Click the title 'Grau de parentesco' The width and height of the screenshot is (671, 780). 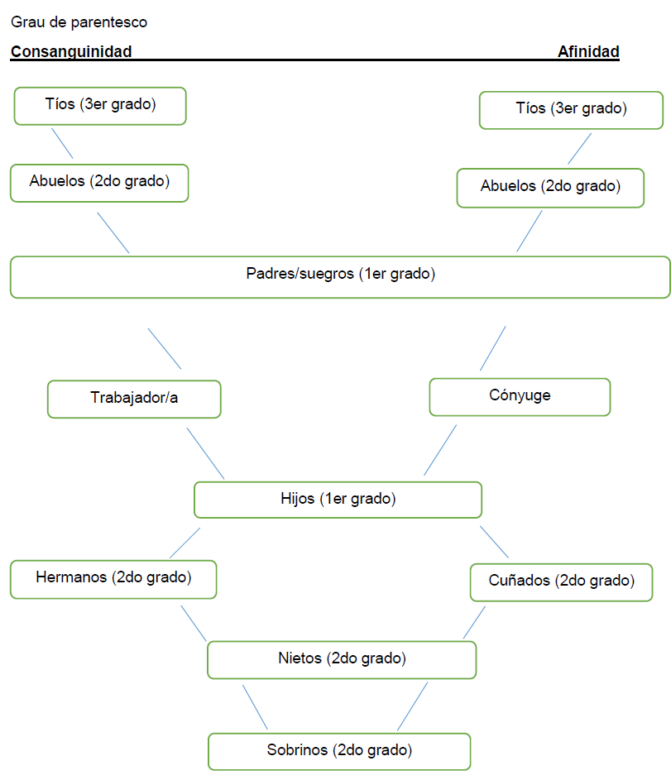79,22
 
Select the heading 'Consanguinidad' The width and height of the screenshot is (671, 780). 71,52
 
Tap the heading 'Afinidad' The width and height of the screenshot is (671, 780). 588,52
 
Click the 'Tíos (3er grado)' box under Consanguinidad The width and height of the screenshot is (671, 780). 100,106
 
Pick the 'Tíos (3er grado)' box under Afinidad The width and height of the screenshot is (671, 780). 571,110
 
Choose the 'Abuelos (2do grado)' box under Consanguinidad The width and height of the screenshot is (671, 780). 99,183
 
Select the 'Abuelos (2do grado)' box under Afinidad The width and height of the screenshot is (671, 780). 550,188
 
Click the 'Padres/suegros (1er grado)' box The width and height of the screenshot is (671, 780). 340,276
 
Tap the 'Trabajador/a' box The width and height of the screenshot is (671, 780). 134,399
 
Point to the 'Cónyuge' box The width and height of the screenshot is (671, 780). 520,396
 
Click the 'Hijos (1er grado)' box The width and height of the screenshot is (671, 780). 338,500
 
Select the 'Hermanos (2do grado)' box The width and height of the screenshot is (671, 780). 113,579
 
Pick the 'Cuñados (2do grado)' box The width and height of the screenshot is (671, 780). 561,581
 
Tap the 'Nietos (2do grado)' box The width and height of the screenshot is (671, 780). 342,659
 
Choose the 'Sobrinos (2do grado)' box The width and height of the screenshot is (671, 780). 339,751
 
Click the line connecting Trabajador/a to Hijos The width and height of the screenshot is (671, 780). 205,452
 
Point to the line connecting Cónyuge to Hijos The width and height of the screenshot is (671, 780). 440,450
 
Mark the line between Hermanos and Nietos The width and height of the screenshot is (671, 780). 194,622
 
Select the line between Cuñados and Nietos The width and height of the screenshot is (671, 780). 474,622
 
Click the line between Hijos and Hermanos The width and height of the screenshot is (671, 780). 185,543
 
